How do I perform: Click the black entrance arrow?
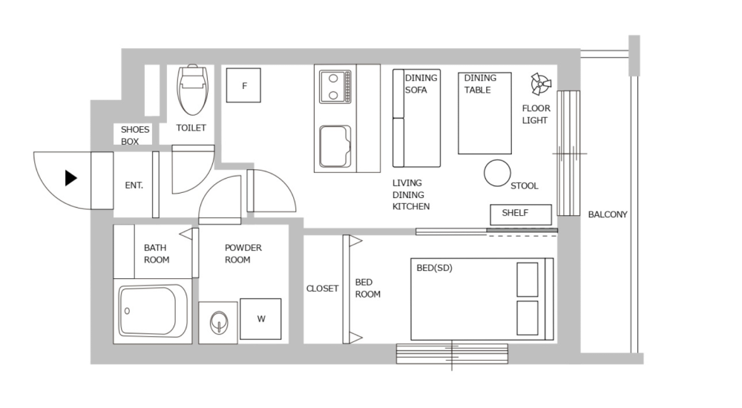(71, 178)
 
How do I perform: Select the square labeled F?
(244, 86)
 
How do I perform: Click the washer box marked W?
(261, 319)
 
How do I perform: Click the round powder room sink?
(218, 323)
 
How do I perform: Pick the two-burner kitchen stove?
(335, 86)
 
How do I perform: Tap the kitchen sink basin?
(335, 146)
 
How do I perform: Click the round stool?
(497, 173)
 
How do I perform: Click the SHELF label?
(515, 213)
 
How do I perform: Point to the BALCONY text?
(608, 215)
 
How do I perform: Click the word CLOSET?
(322, 289)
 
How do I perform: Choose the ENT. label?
(134, 185)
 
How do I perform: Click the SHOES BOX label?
(135, 135)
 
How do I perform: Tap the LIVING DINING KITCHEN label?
(410, 194)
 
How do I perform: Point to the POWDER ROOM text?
(243, 254)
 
